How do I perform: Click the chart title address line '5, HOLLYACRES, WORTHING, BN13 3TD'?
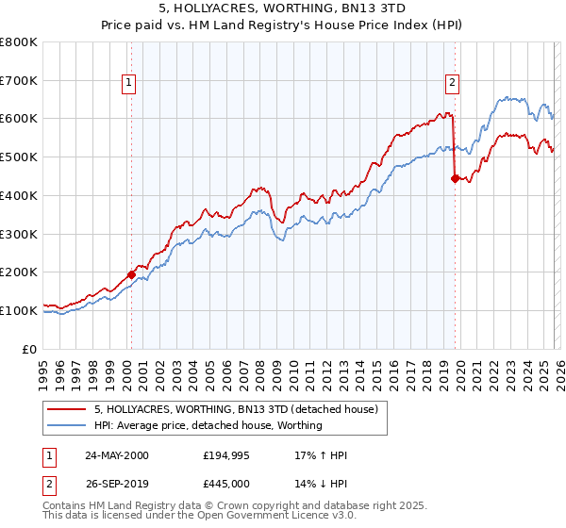point(282,8)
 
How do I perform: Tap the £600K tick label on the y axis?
point(19,119)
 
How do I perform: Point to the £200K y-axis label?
point(19,272)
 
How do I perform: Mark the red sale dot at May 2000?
point(131,274)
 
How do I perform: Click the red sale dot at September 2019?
point(455,177)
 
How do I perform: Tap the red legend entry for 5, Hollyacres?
point(236,409)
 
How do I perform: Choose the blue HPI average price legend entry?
point(208,425)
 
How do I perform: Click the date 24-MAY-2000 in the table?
point(116,455)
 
